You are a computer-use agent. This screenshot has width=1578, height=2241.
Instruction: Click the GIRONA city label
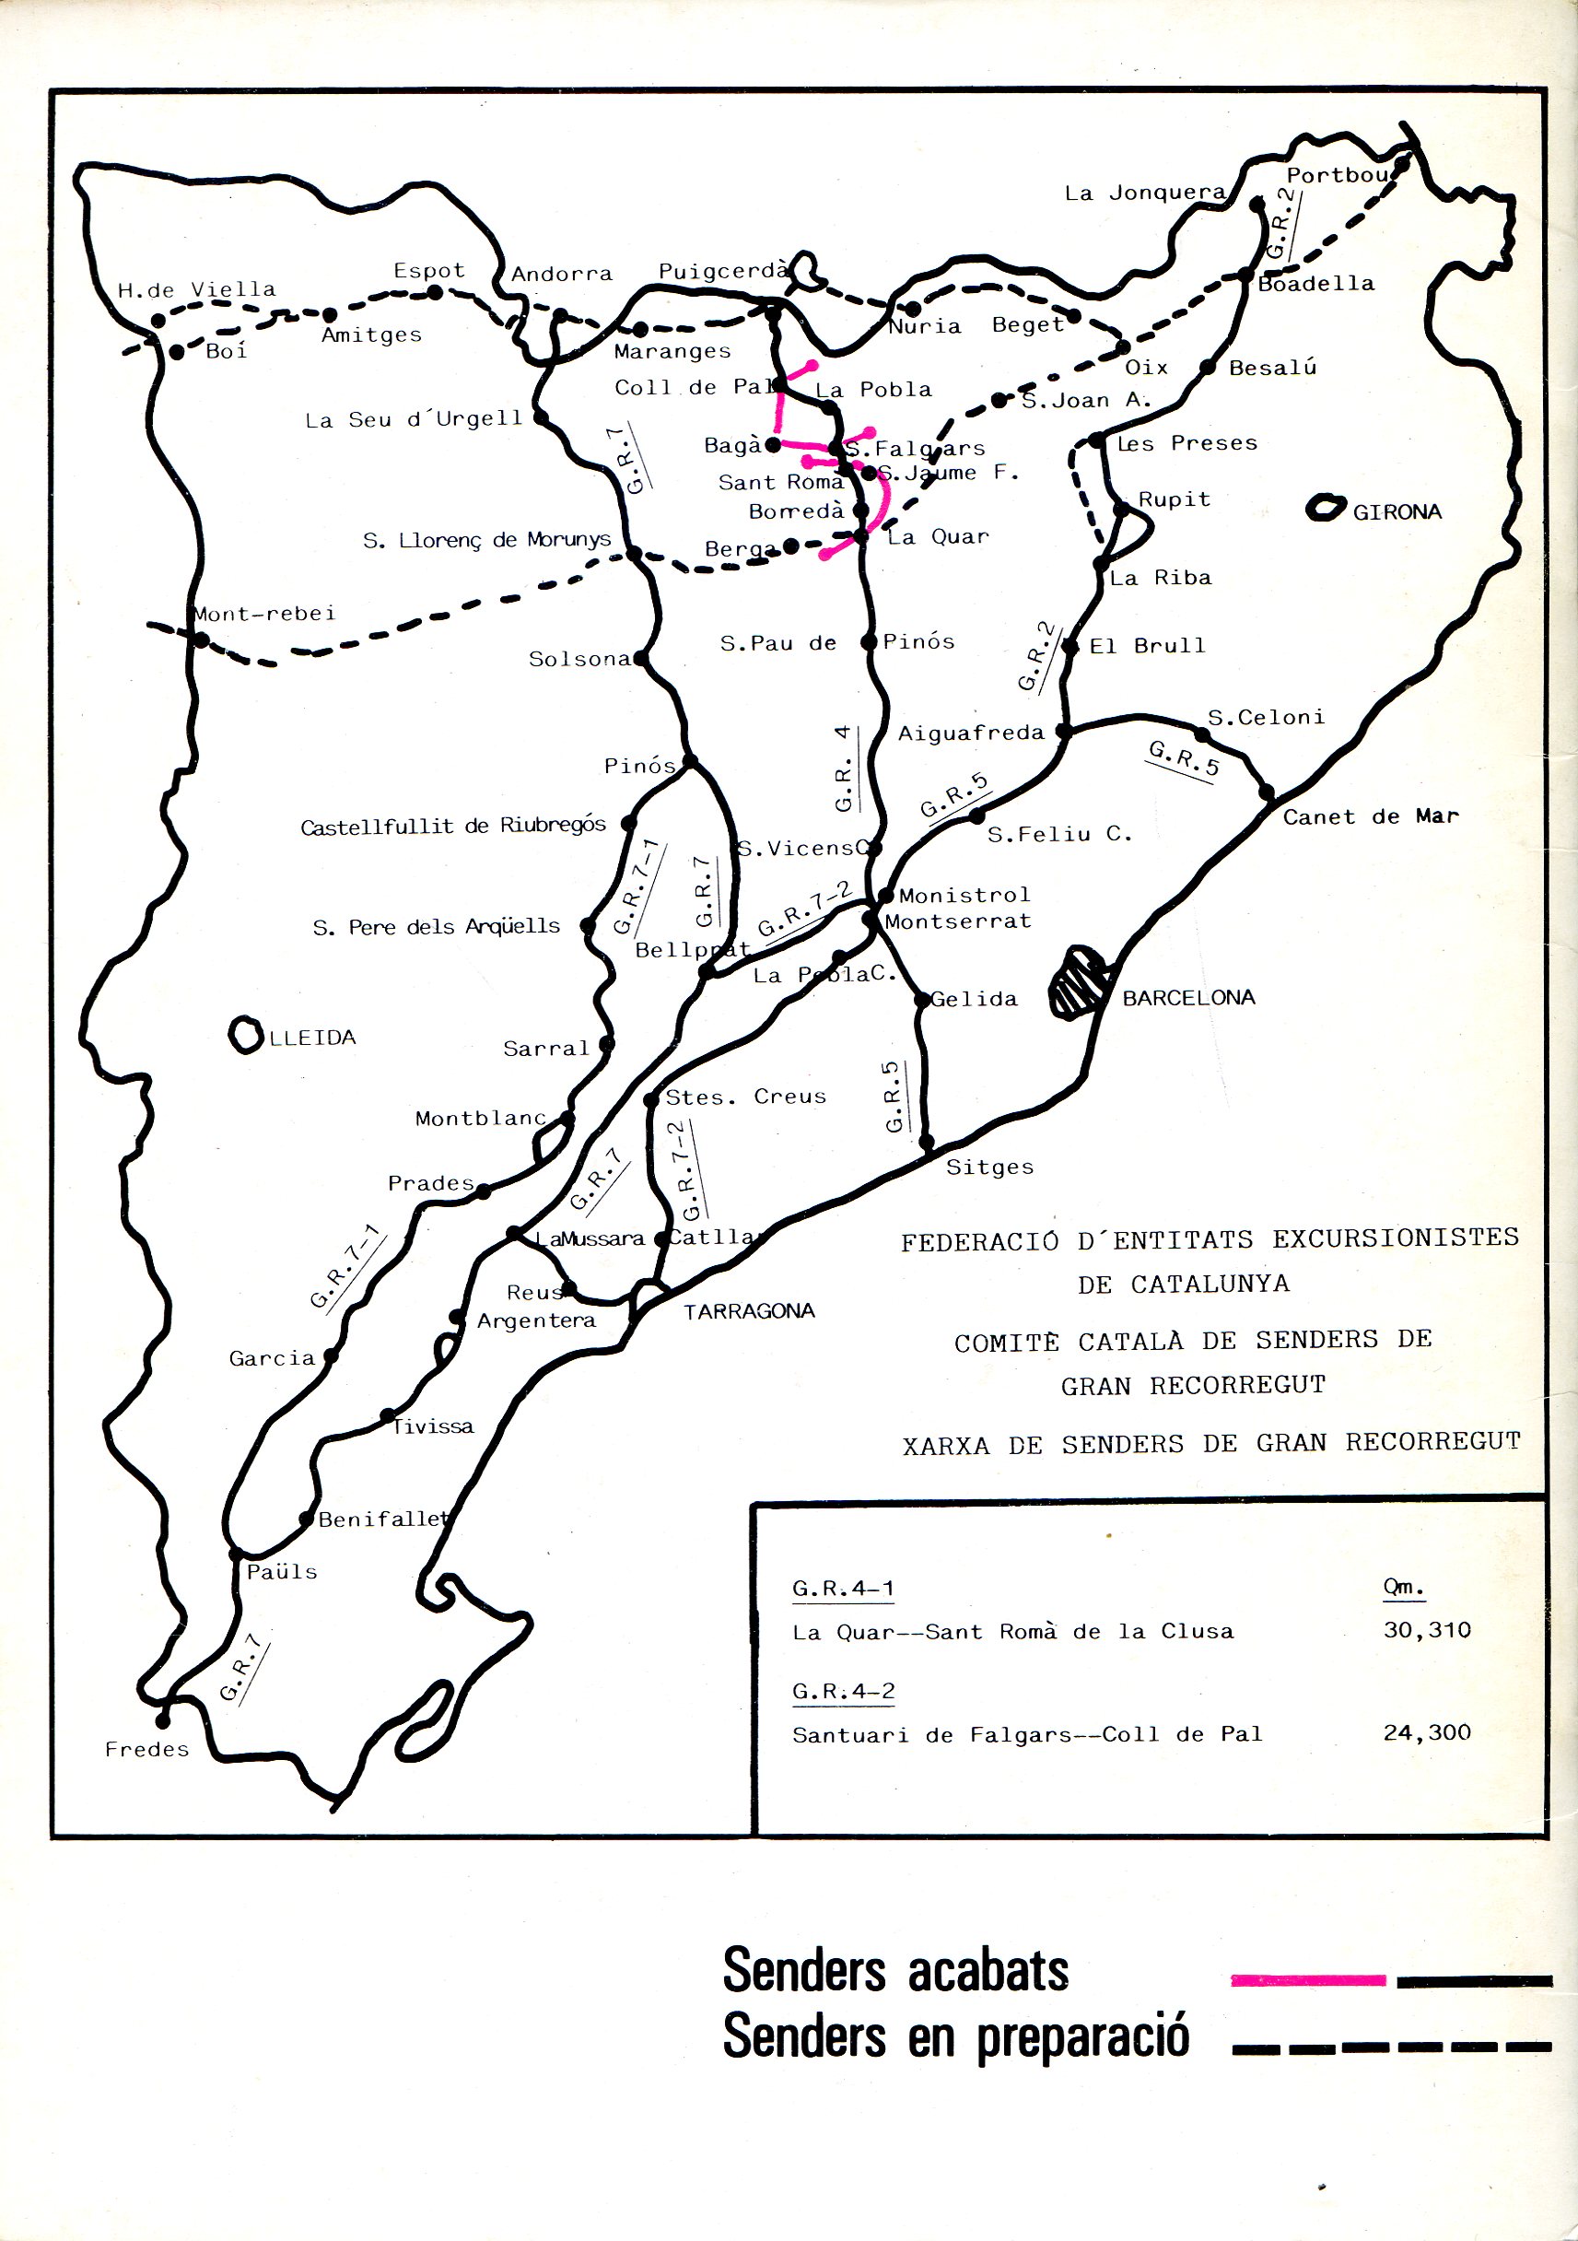tap(1397, 512)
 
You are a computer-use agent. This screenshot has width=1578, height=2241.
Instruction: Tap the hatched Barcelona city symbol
tap(1080, 984)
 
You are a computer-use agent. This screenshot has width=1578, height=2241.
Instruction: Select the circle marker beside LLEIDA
tap(245, 1035)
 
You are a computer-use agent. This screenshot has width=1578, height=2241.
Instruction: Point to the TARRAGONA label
tap(749, 1311)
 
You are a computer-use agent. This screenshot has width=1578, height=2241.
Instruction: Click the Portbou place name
tap(1336, 176)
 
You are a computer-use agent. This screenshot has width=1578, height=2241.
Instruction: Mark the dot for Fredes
tap(163, 1721)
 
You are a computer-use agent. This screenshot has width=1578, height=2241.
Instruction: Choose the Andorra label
tap(561, 275)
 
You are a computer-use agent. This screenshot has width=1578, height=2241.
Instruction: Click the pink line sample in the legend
tap(1308, 1980)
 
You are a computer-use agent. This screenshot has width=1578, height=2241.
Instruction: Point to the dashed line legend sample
tap(1391, 2047)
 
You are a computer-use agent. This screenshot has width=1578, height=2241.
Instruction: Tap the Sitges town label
tap(989, 1167)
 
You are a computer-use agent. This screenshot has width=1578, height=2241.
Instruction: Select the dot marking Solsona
tap(640, 658)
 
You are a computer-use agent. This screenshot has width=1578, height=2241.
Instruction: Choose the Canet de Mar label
tap(1370, 817)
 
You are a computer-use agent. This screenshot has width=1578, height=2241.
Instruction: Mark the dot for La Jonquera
tap(1257, 205)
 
